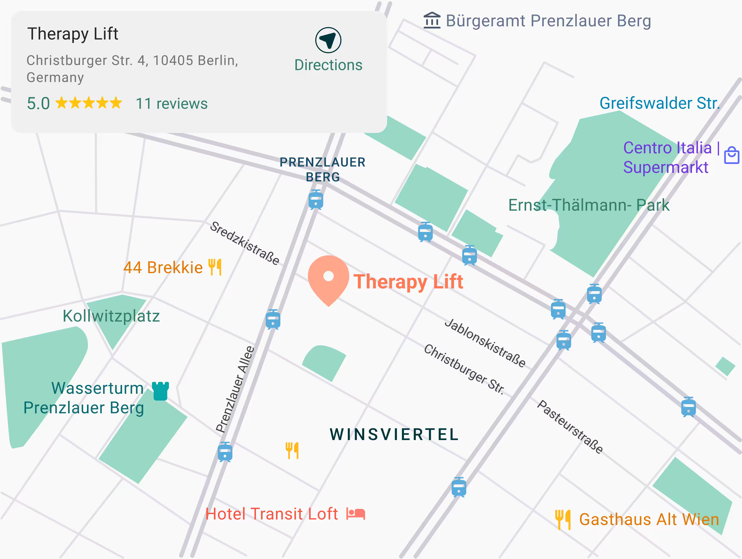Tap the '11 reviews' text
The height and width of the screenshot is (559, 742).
(171, 103)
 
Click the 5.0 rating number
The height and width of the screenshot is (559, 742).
(38, 103)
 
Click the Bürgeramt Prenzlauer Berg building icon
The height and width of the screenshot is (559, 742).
(432, 21)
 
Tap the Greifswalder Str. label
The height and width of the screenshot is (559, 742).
(659, 103)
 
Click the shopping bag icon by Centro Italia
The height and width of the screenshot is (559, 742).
(732, 155)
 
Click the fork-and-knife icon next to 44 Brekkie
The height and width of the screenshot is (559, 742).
(215, 267)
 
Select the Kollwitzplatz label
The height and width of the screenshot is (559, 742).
(111, 316)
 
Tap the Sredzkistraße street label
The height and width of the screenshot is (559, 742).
(245, 243)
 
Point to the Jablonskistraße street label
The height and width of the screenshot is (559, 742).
(485, 343)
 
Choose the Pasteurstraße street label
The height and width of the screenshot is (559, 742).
(570, 427)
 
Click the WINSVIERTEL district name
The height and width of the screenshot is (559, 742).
(394, 435)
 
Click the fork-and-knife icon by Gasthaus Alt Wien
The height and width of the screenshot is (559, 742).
(562, 519)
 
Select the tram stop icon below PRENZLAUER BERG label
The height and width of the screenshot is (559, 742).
(316, 200)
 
